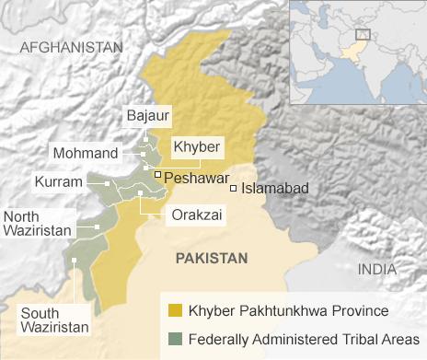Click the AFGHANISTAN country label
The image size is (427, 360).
click(70, 47)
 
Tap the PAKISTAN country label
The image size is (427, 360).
click(212, 259)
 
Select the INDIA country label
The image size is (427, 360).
click(377, 269)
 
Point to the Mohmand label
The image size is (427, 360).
click(85, 152)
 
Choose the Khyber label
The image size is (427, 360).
click(193, 145)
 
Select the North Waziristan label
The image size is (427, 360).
click(36, 224)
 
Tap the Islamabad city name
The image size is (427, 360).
click(275, 188)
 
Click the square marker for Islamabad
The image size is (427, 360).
click(234, 188)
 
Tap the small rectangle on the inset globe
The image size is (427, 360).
click(363, 34)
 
